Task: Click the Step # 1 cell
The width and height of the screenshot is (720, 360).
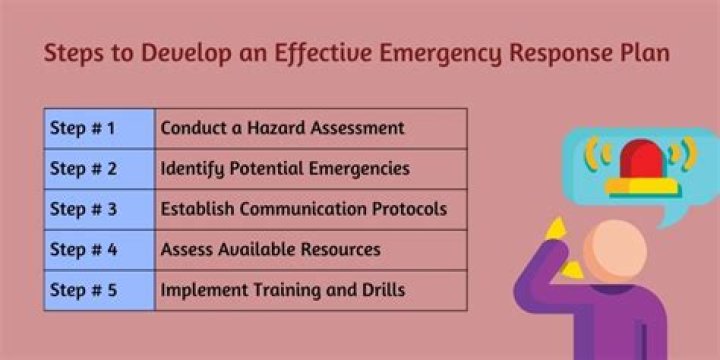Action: click(x=99, y=128)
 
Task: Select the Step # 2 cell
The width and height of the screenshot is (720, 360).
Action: click(x=99, y=169)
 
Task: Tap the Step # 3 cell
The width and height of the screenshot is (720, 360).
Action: click(x=99, y=210)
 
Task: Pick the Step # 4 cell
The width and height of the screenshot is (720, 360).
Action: click(x=99, y=250)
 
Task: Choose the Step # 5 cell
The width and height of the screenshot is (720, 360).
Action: click(x=99, y=291)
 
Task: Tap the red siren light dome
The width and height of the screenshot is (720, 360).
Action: click(x=641, y=160)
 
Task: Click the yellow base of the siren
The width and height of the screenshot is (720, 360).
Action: click(x=641, y=186)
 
